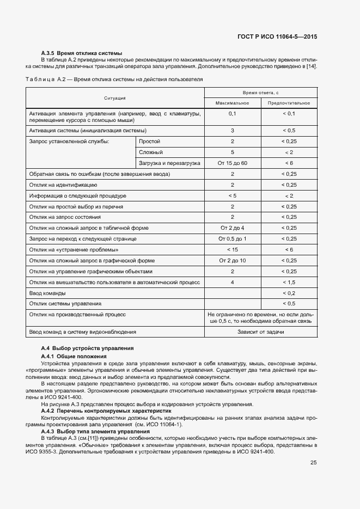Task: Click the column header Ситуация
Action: click(x=115, y=98)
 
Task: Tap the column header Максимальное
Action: click(x=232, y=103)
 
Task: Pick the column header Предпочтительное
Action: click(x=289, y=103)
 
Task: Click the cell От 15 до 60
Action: click(x=232, y=163)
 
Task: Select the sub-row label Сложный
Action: click(x=151, y=152)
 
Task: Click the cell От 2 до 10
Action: click(x=232, y=260)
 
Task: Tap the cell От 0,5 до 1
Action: click(x=232, y=239)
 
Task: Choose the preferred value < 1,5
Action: click(x=289, y=282)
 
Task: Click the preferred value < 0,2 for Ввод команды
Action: click(x=289, y=293)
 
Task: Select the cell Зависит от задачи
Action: click(x=260, y=332)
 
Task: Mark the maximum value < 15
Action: click(x=232, y=250)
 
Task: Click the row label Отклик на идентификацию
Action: click(x=63, y=185)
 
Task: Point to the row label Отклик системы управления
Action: click(x=65, y=304)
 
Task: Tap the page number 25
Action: click(x=313, y=463)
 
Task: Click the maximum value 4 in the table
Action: click(x=232, y=282)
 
